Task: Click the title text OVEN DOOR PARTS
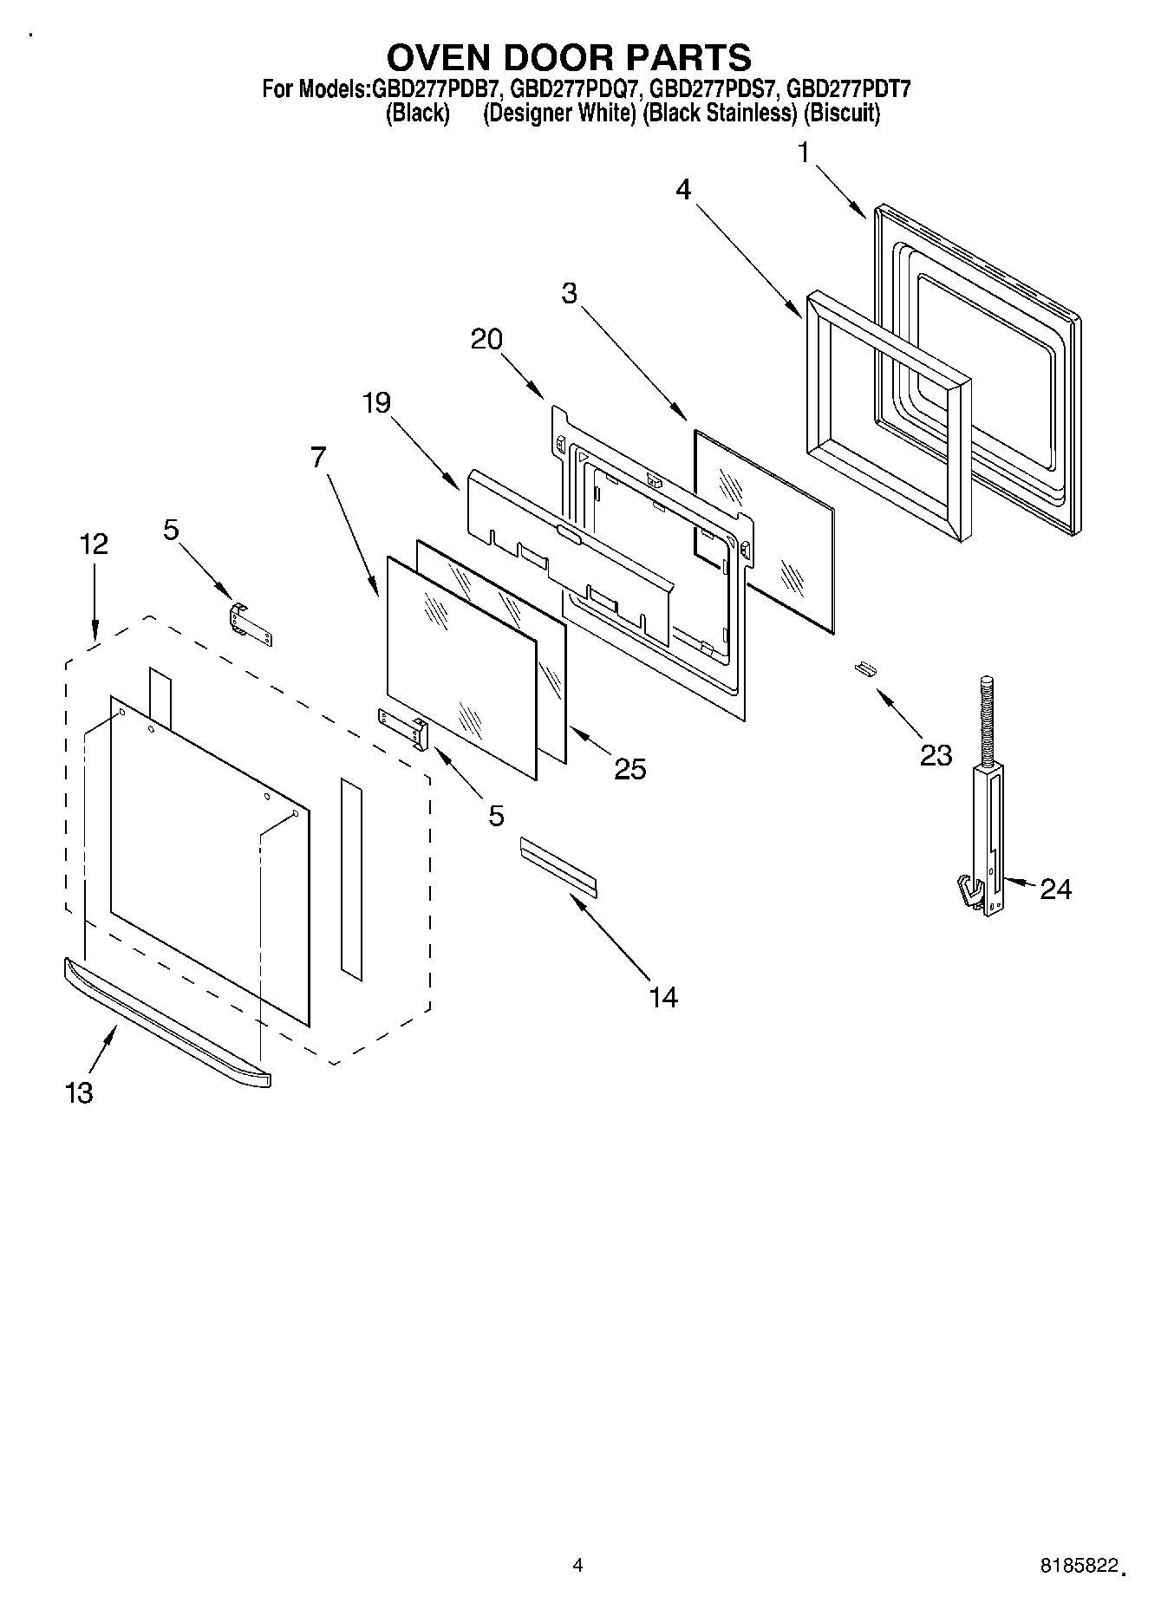pos(569,57)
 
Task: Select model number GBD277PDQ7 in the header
pos(575,88)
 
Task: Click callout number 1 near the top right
pos(804,153)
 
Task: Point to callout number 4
pos(684,190)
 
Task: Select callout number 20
pos(486,339)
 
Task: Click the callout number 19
pos(376,402)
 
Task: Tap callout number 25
pos(630,769)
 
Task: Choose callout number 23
pos(936,755)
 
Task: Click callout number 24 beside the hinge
pos(1055,889)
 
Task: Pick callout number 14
pos(663,997)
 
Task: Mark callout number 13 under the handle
pos(79,1093)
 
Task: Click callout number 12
pos(94,544)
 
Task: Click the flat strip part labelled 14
pos(558,864)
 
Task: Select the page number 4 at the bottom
pos(577,1565)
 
